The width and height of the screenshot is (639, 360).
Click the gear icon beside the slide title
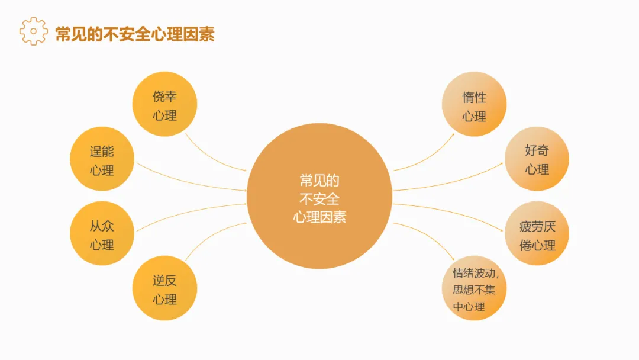tap(33, 31)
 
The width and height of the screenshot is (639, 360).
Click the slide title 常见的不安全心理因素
tap(135, 33)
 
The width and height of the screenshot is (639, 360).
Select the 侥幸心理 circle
tap(164, 104)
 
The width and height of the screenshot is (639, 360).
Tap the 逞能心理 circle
tap(102, 159)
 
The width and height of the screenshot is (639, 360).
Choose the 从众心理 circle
tap(102, 234)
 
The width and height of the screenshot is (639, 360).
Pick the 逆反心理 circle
tap(164, 289)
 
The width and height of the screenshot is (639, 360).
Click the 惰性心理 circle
tap(474, 105)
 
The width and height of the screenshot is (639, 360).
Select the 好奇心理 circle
tap(537, 159)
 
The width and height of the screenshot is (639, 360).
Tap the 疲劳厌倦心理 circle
tap(537, 234)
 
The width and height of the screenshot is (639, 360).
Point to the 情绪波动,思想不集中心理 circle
tap(474, 289)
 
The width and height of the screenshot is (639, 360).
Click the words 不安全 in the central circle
tap(319, 199)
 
